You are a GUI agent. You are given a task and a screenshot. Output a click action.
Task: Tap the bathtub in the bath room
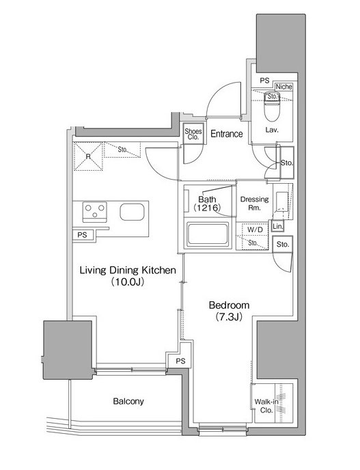[207, 234]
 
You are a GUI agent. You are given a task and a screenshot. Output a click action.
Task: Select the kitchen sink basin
[132, 212]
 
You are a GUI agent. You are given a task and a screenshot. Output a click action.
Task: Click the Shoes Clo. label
[193, 134]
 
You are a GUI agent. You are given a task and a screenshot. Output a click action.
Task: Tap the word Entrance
[227, 134]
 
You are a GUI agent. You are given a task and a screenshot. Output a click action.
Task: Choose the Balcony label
[128, 401]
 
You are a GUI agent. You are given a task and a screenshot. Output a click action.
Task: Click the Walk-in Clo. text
[266, 406]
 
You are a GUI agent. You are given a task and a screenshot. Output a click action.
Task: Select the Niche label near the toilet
[283, 87]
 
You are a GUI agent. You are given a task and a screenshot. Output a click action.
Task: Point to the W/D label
[255, 230]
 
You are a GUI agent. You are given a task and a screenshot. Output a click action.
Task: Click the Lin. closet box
[277, 227]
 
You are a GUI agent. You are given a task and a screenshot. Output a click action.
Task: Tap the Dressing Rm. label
[255, 203]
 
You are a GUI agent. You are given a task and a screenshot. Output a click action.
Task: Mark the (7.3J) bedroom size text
[228, 317]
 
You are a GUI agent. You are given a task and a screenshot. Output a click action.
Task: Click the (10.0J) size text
[128, 281]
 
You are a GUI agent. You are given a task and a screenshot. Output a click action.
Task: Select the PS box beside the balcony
[180, 361]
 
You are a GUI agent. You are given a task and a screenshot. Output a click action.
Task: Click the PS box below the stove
[83, 235]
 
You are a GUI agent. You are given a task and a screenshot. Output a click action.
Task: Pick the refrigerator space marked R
[88, 156]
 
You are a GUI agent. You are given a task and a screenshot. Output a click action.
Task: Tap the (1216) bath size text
[207, 208]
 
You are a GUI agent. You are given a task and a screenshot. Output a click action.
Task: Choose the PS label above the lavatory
[264, 81]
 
